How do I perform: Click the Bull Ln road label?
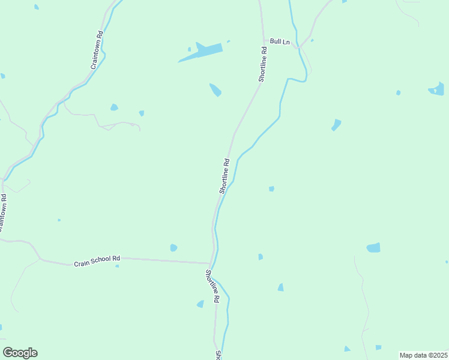point(280,41)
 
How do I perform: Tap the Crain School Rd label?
point(97,261)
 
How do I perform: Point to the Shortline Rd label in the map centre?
point(225,176)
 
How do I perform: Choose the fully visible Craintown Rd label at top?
point(97,50)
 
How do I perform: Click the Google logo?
point(20,353)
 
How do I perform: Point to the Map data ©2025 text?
point(424,355)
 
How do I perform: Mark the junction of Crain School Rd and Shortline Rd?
point(209,263)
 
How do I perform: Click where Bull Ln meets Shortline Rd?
point(264,41)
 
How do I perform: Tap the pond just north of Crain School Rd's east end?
point(173,248)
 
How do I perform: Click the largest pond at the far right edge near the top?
point(438,90)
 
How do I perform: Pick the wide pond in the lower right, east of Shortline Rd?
point(373,247)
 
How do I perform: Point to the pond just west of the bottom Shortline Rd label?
point(200,304)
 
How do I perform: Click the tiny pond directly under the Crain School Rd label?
point(117,266)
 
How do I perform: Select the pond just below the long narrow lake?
point(215,90)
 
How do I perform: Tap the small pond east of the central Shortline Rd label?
point(271,188)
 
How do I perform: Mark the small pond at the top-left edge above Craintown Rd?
point(37,7)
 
